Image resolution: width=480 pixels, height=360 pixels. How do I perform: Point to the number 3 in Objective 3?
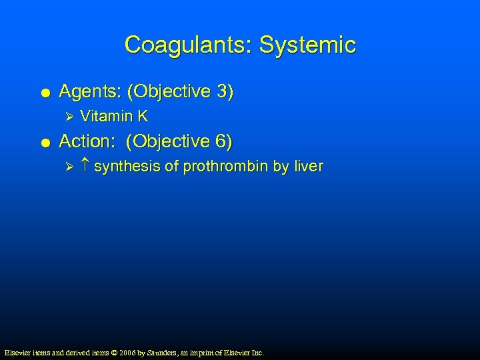(222, 91)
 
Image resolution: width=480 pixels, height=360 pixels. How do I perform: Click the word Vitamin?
(104, 117)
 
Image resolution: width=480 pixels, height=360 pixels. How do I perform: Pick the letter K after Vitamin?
(143, 117)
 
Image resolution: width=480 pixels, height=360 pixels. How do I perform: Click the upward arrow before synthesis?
(85, 167)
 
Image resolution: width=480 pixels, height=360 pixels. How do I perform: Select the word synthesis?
(127, 167)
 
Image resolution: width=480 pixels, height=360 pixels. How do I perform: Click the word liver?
(307, 167)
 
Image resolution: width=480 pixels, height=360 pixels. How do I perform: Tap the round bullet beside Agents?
(43, 92)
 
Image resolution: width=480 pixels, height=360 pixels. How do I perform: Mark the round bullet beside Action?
(43, 142)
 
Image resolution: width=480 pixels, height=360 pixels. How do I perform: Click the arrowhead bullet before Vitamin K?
(65, 117)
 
